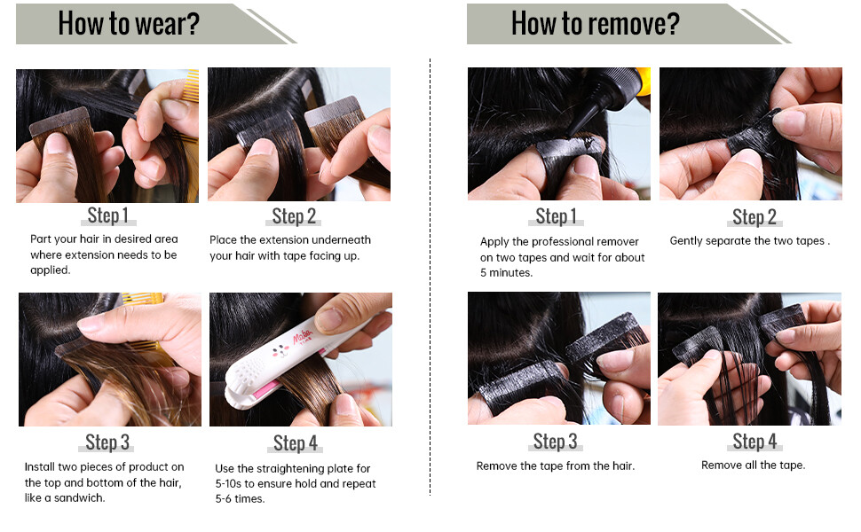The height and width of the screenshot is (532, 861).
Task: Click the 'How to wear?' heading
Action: click(x=129, y=24)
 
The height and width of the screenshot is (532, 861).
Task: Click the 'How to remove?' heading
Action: click(x=596, y=24)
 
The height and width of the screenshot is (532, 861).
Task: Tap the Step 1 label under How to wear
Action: click(x=108, y=215)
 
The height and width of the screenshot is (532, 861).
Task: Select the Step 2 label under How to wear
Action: click(x=294, y=216)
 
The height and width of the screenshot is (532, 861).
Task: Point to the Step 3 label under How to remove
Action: click(x=555, y=442)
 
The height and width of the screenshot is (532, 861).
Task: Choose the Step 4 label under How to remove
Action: click(x=754, y=441)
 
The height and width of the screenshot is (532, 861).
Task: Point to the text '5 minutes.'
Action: click(x=506, y=272)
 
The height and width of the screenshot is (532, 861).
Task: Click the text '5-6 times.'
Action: click(x=240, y=498)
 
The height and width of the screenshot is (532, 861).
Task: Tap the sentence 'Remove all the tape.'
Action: click(x=754, y=465)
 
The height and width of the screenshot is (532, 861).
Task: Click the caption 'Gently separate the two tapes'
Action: click(x=747, y=241)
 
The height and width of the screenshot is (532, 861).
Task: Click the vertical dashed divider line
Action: click(x=430, y=277)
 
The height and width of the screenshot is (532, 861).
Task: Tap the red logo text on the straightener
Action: click(x=303, y=336)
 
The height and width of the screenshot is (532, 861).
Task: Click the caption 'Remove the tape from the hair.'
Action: click(x=555, y=465)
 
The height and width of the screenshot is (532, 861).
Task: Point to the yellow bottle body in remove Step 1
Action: click(x=644, y=82)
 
